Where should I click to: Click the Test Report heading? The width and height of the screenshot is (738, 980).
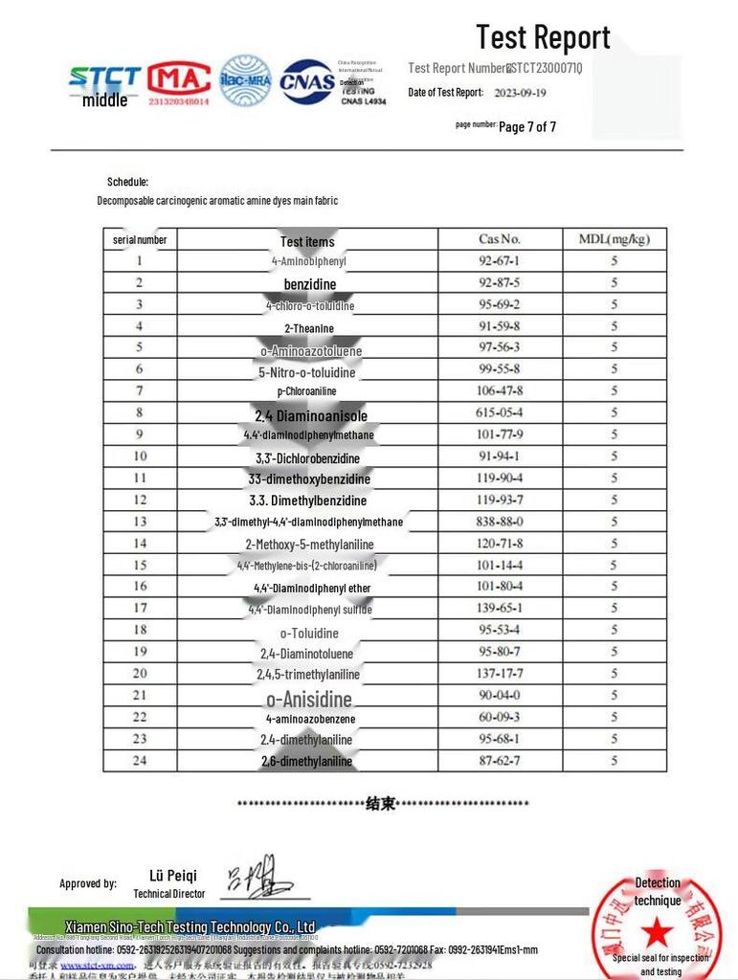tap(543, 37)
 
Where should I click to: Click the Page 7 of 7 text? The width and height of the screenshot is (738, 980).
tap(526, 126)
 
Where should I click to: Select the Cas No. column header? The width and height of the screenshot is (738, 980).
tap(499, 239)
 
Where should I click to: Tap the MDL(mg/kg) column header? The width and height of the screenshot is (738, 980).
tap(614, 239)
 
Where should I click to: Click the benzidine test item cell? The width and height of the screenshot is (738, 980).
tap(309, 284)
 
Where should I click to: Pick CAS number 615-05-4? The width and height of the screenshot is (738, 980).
tap(499, 412)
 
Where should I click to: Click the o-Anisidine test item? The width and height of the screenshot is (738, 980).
tap(309, 699)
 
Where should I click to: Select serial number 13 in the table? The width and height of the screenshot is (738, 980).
tap(140, 522)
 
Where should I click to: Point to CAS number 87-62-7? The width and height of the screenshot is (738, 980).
tap(499, 761)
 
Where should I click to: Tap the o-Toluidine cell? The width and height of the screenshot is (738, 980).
tap(309, 634)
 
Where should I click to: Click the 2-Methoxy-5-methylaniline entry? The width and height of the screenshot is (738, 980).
tap(309, 544)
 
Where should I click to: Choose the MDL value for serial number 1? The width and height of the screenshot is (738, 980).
tap(614, 260)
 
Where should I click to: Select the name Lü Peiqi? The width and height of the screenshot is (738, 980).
tap(173, 876)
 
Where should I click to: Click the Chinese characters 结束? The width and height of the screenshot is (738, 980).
tap(381, 804)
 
